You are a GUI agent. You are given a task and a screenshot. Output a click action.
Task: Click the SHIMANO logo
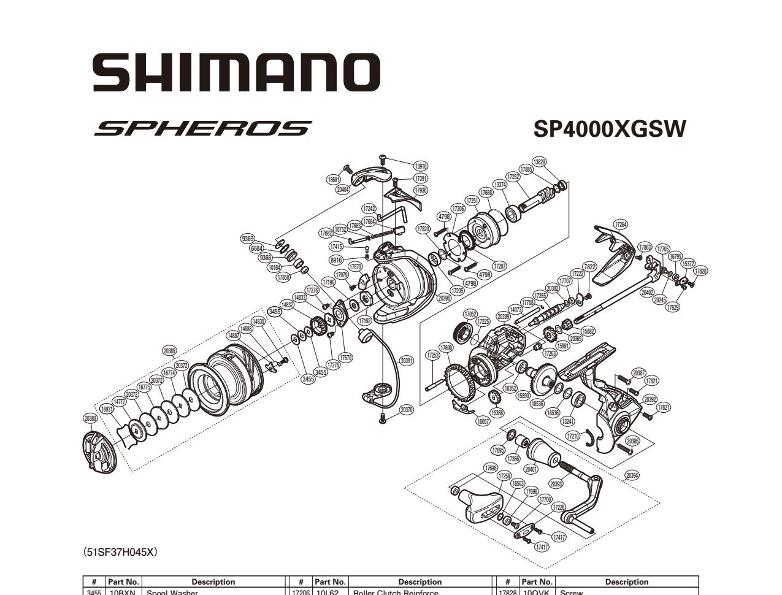click(236, 72)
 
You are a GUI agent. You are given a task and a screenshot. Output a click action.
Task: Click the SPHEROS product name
click(202, 129)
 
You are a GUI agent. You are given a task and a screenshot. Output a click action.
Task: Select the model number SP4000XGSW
click(609, 129)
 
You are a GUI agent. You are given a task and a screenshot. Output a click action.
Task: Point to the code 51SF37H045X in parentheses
click(121, 552)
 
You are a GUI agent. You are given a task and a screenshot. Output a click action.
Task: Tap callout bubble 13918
click(420, 166)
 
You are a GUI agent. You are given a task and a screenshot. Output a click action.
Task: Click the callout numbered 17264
click(621, 225)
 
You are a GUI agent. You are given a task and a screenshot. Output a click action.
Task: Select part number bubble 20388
click(90, 418)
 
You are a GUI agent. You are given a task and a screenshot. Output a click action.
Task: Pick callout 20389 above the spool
click(170, 351)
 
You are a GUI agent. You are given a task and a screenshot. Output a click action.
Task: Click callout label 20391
click(406, 361)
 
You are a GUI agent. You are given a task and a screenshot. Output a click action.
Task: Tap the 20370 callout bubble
click(406, 410)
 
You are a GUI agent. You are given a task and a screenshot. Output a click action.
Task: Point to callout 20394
click(632, 475)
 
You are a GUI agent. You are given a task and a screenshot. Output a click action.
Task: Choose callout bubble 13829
click(539, 162)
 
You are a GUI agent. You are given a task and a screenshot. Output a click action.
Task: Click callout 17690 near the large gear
click(446, 348)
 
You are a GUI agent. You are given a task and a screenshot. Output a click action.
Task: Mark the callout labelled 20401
click(531, 469)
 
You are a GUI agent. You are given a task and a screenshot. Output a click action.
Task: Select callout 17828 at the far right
click(700, 271)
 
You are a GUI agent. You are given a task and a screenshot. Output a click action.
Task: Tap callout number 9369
click(248, 239)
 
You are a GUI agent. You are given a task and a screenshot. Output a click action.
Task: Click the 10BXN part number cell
click(123, 593)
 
